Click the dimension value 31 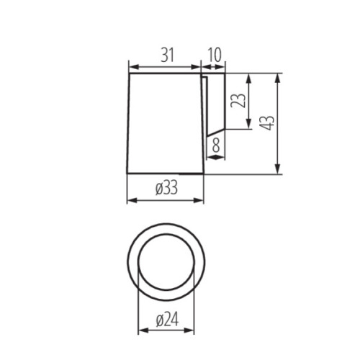pos(167,54)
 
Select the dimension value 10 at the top pos(215,54)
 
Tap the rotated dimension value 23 pos(237,99)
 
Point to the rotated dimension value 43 pos(267,122)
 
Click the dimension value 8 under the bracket pos(215,146)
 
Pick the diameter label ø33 pos(166,189)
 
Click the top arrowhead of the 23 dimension pos(248,77)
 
